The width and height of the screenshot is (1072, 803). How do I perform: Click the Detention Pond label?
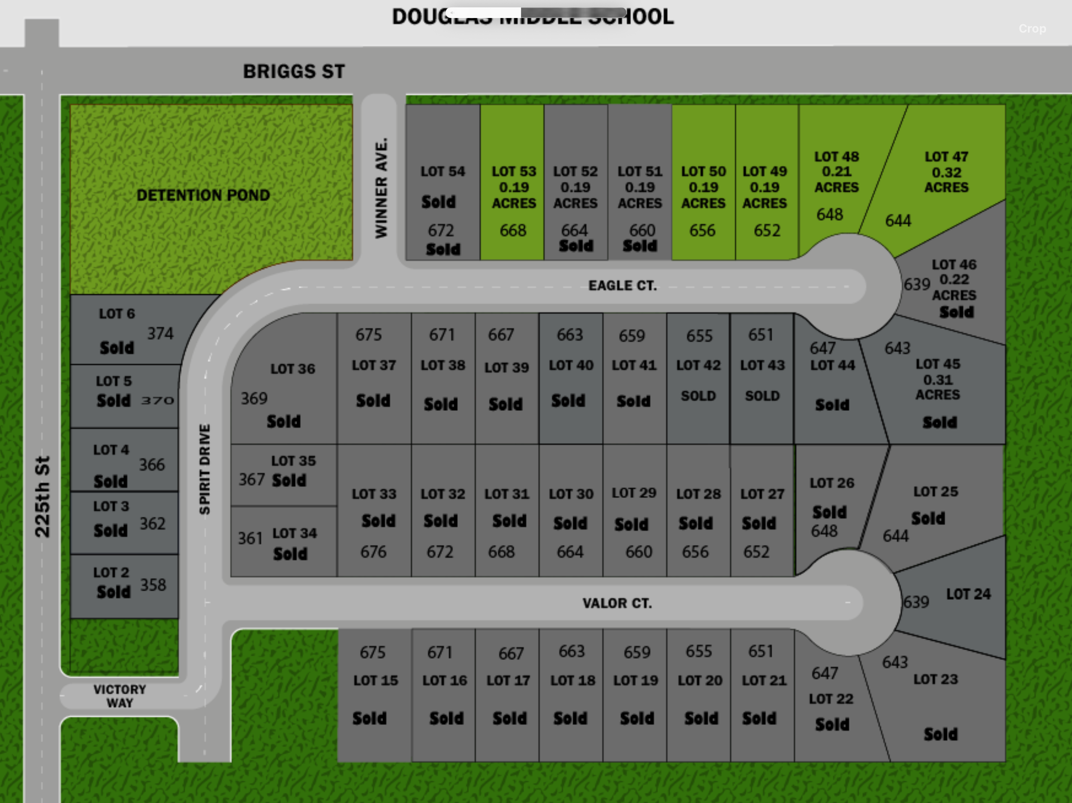pyautogui.click(x=203, y=195)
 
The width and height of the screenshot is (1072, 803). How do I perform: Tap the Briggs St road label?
pyautogui.click(x=294, y=72)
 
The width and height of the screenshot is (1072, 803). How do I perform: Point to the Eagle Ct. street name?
pyautogui.click(x=623, y=286)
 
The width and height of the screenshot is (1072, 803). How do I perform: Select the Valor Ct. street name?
pyautogui.click(x=617, y=603)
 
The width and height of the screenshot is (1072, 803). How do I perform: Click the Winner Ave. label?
pyautogui.click(x=381, y=188)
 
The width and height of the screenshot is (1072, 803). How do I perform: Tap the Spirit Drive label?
pyautogui.click(x=205, y=469)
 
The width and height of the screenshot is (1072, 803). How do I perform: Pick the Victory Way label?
pyautogui.click(x=120, y=696)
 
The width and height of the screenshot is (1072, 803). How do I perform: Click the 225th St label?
pyautogui.click(x=42, y=497)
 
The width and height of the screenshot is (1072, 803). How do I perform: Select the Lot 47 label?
pyautogui.click(x=946, y=157)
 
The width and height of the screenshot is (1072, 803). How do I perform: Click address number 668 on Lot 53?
pyautogui.click(x=513, y=231)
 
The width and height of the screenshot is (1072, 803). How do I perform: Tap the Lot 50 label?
pyautogui.click(x=703, y=171)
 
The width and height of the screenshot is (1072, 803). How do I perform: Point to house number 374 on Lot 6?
pyautogui.click(x=160, y=334)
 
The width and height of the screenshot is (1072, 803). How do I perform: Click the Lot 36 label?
pyautogui.click(x=293, y=369)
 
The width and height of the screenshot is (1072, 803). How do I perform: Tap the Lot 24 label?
pyautogui.click(x=968, y=594)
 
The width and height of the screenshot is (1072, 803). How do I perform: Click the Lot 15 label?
pyautogui.click(x=376, y=680)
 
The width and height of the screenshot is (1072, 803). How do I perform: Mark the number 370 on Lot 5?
pyautogui.click(x=157, y=401)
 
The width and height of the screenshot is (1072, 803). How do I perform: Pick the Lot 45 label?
pyautogui.click(x=938, y=364)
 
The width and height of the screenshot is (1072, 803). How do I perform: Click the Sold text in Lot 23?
pyautogui.click(x=941, y=734)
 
